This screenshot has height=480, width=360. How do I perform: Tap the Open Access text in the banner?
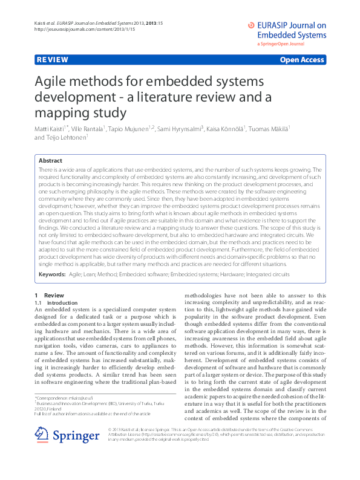(303, 60)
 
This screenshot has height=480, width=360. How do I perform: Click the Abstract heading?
(50, 161)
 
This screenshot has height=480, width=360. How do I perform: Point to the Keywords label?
(52, 274)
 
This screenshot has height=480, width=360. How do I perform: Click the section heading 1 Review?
(45, 295)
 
